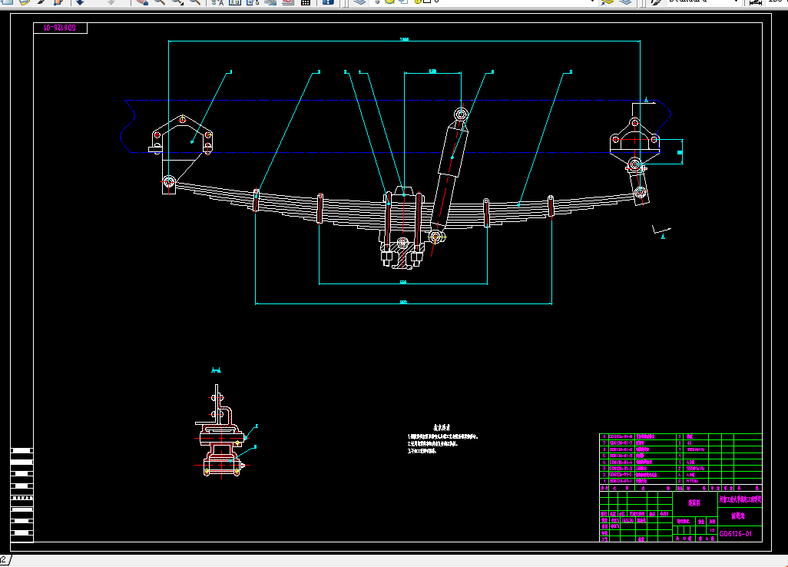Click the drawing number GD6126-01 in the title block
pyautogui.click(x=740, y=533)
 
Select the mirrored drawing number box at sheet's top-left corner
pyautogui.click(x=60, y=28)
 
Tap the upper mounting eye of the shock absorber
pyautogui.click(x=461, y=115)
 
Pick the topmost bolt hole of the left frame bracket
pyautogui.click(x=183, y=120)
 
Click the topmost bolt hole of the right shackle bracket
pyautogui.click(x=634, y=124)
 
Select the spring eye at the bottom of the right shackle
pyautogui.click(x=639, y=191)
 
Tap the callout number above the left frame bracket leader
pyautogui.click(x=230, y=72)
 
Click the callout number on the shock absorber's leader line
pyautogui.click(x=492, y=72)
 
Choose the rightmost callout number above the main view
pyautogui.click(x=571, y=72)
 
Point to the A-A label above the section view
pyautogui.click(x=217, y=370)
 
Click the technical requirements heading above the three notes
pyautogui.click(x=442, y=427)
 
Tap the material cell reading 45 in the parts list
pyautogui.click(x=690, y=443)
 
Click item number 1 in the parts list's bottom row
pyautogui.click(x=604, y=481)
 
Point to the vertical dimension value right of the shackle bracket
pyautogui.click(x=680, y=152)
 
